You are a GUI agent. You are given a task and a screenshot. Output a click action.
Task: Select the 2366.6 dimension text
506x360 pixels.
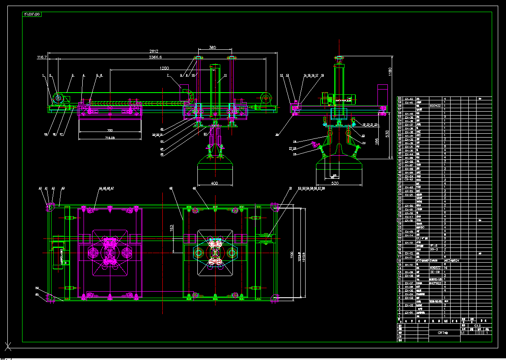(x=155, y=57)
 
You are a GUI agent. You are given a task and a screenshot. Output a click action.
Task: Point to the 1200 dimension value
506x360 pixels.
(x=164, y=68)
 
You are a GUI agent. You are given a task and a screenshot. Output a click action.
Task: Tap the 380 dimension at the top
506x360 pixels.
(x=212, y=48)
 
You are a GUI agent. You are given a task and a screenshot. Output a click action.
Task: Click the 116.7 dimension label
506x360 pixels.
(x=42, y=57)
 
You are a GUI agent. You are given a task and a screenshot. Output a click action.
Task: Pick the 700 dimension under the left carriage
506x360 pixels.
(x=109, y=131)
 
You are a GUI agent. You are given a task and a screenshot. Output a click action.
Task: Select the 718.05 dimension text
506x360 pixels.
(x=110, y=138)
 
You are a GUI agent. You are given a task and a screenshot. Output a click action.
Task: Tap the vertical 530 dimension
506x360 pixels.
(x=388, y=134)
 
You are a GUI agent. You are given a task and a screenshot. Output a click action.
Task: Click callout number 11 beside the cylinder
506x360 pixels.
(x=225, y=75)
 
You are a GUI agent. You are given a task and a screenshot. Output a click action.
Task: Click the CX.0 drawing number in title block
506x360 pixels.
(x=477, y=325)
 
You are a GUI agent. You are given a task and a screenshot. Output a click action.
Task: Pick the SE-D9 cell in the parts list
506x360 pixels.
(x=435, y=272)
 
